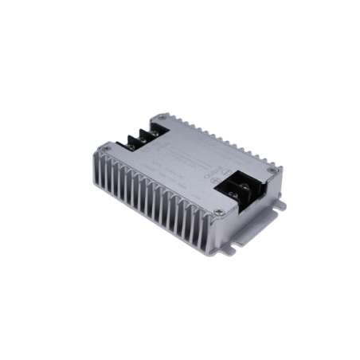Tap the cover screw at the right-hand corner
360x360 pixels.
point(275,170)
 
